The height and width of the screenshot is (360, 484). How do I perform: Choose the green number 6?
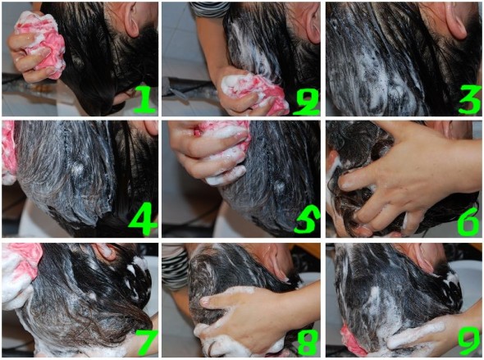pyautogui.click(x=468, y=221)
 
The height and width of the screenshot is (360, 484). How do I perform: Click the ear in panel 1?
pyautogui.click(x=132, y=19)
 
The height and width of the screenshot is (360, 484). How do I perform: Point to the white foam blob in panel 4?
pyautogui.click(x=77, y=168)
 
